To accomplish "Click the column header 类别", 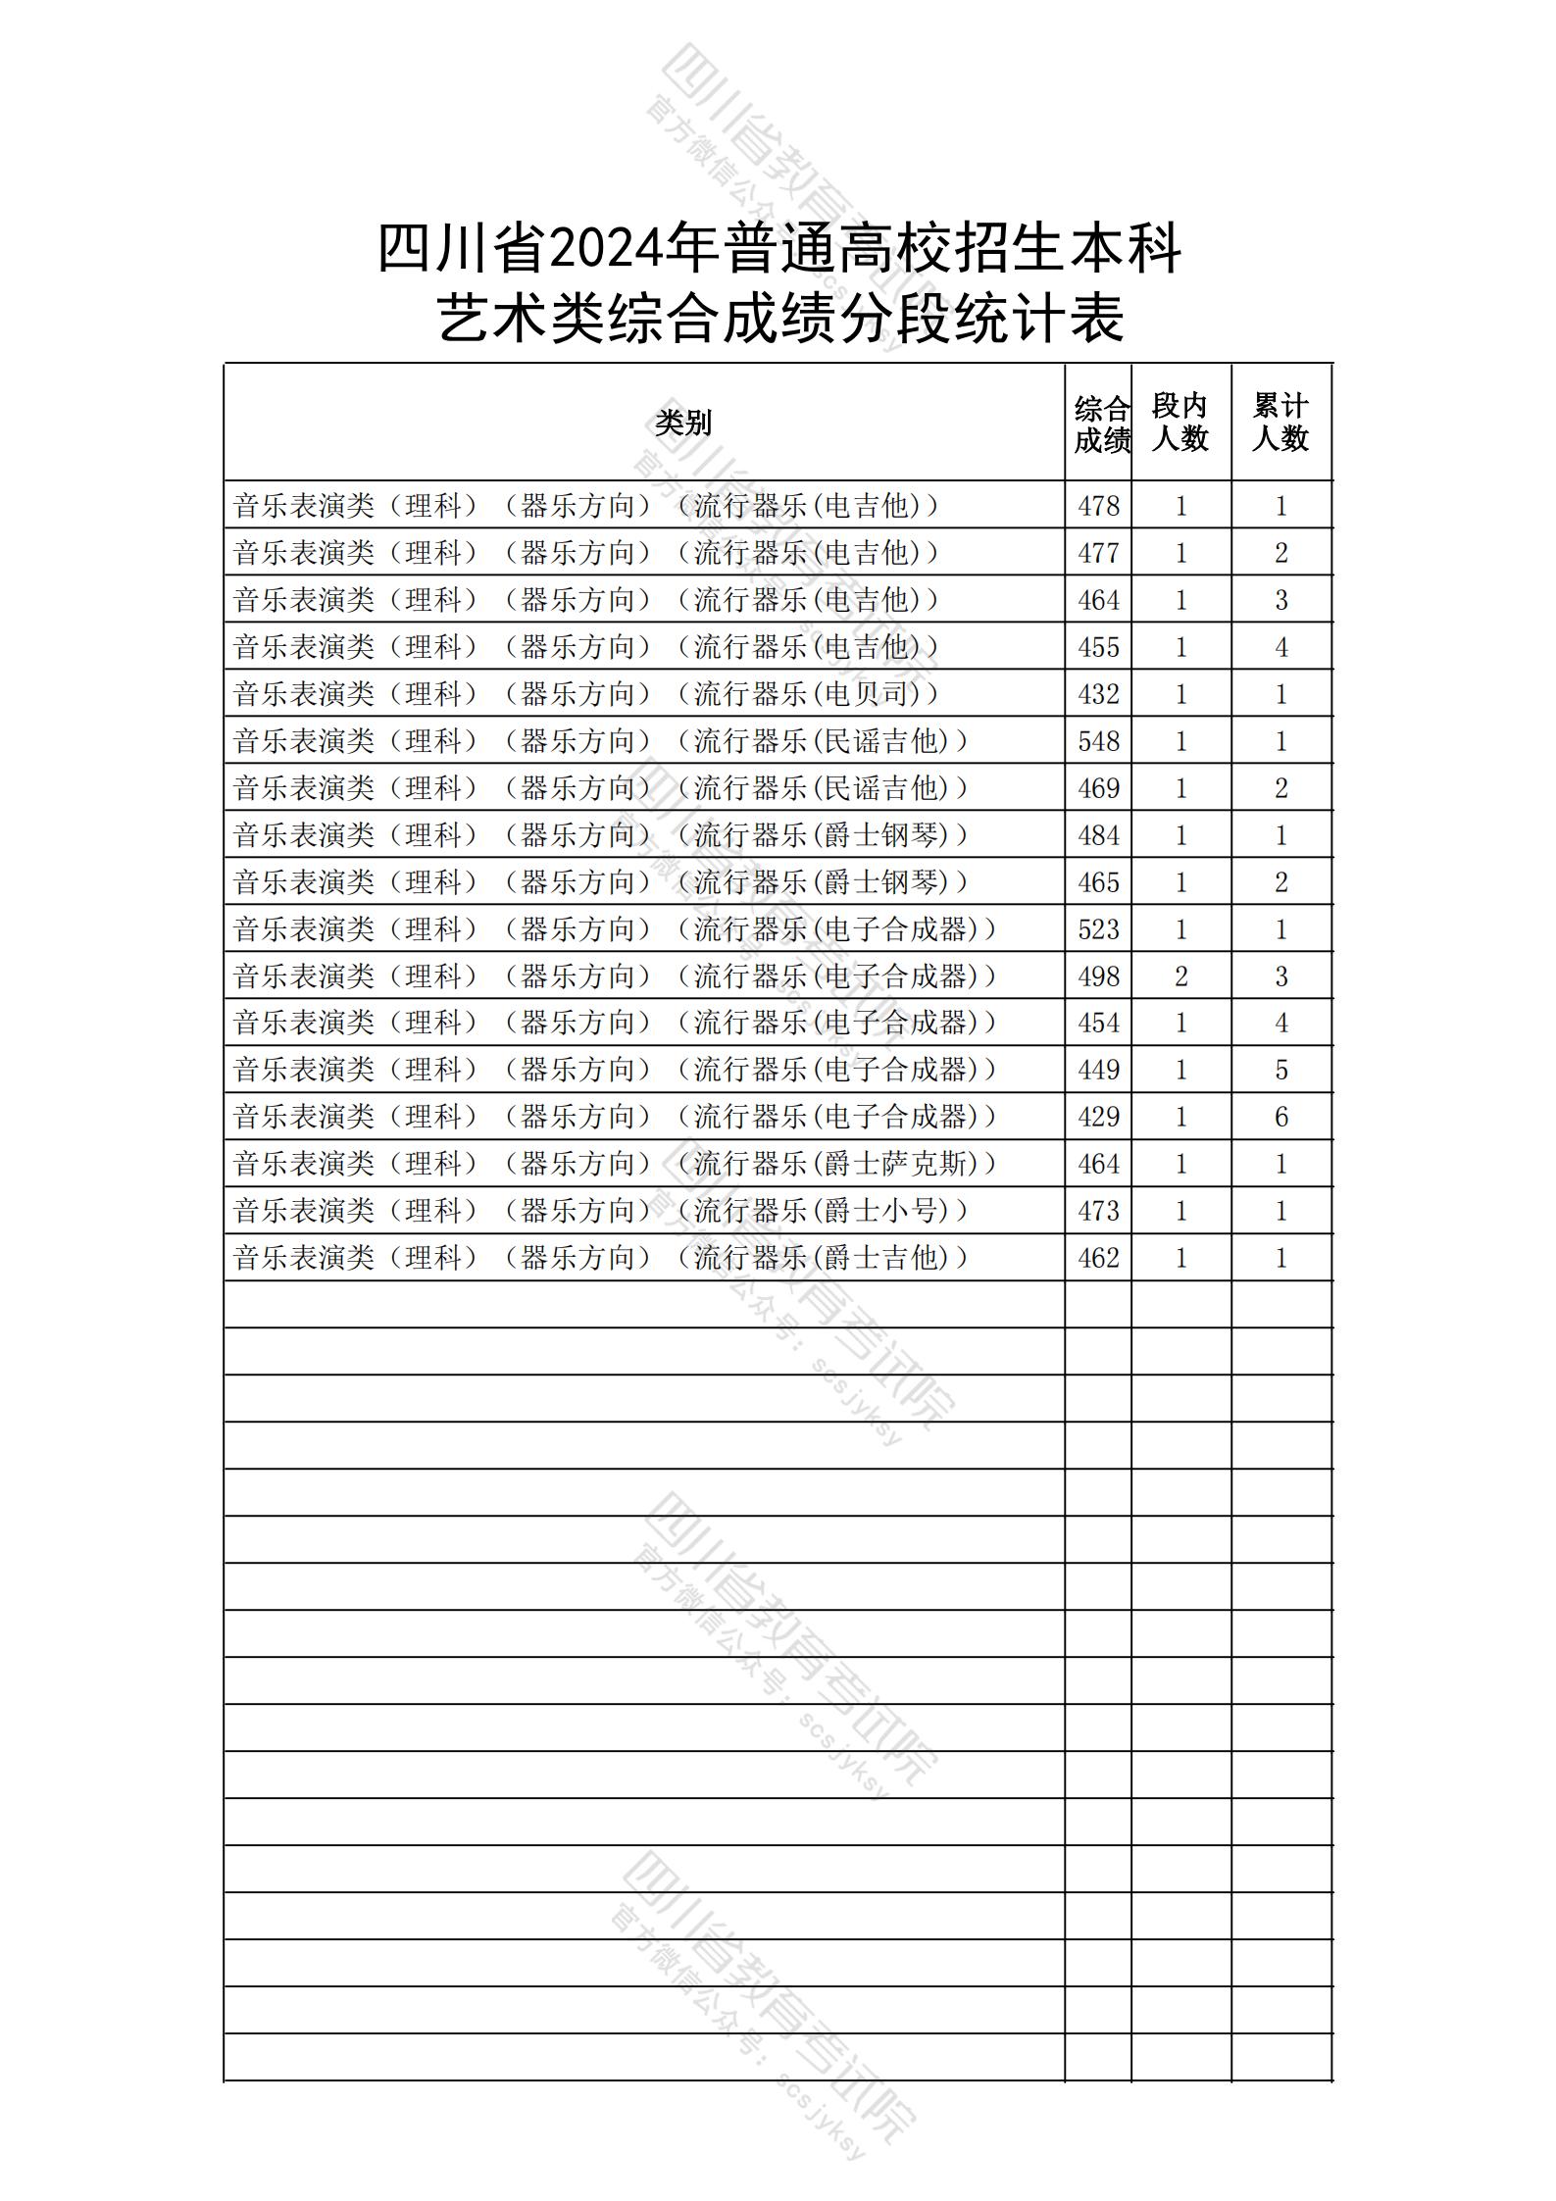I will tap(683, 423).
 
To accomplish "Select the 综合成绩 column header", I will tap(1100, 424).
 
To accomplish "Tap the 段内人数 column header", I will tap(1180, 423).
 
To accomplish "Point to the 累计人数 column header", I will tap(1280, 423).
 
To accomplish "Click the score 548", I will tap(1098, 741).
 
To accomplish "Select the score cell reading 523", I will tap(1098, 929).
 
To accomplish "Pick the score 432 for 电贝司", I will tap(1098, 694).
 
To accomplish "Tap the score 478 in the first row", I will tap(1098, 506).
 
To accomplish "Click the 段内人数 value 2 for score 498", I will tap(1180, 976).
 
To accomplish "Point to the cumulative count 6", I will tap(1280, 1117).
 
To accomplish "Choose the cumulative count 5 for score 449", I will tap(1280, 1070).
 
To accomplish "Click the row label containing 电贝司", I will tap(586, 694).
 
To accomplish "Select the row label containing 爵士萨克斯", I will tap(615, 1164).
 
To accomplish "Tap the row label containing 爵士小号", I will tap(600, 1211).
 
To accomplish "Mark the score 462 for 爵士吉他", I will tap(1098, 1258).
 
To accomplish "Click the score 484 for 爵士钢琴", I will tap(1098, 835).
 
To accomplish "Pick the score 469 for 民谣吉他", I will tap(1098, 788).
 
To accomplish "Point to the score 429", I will tap(1098, 1117).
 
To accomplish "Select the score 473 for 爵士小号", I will tap(1098, 1211).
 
